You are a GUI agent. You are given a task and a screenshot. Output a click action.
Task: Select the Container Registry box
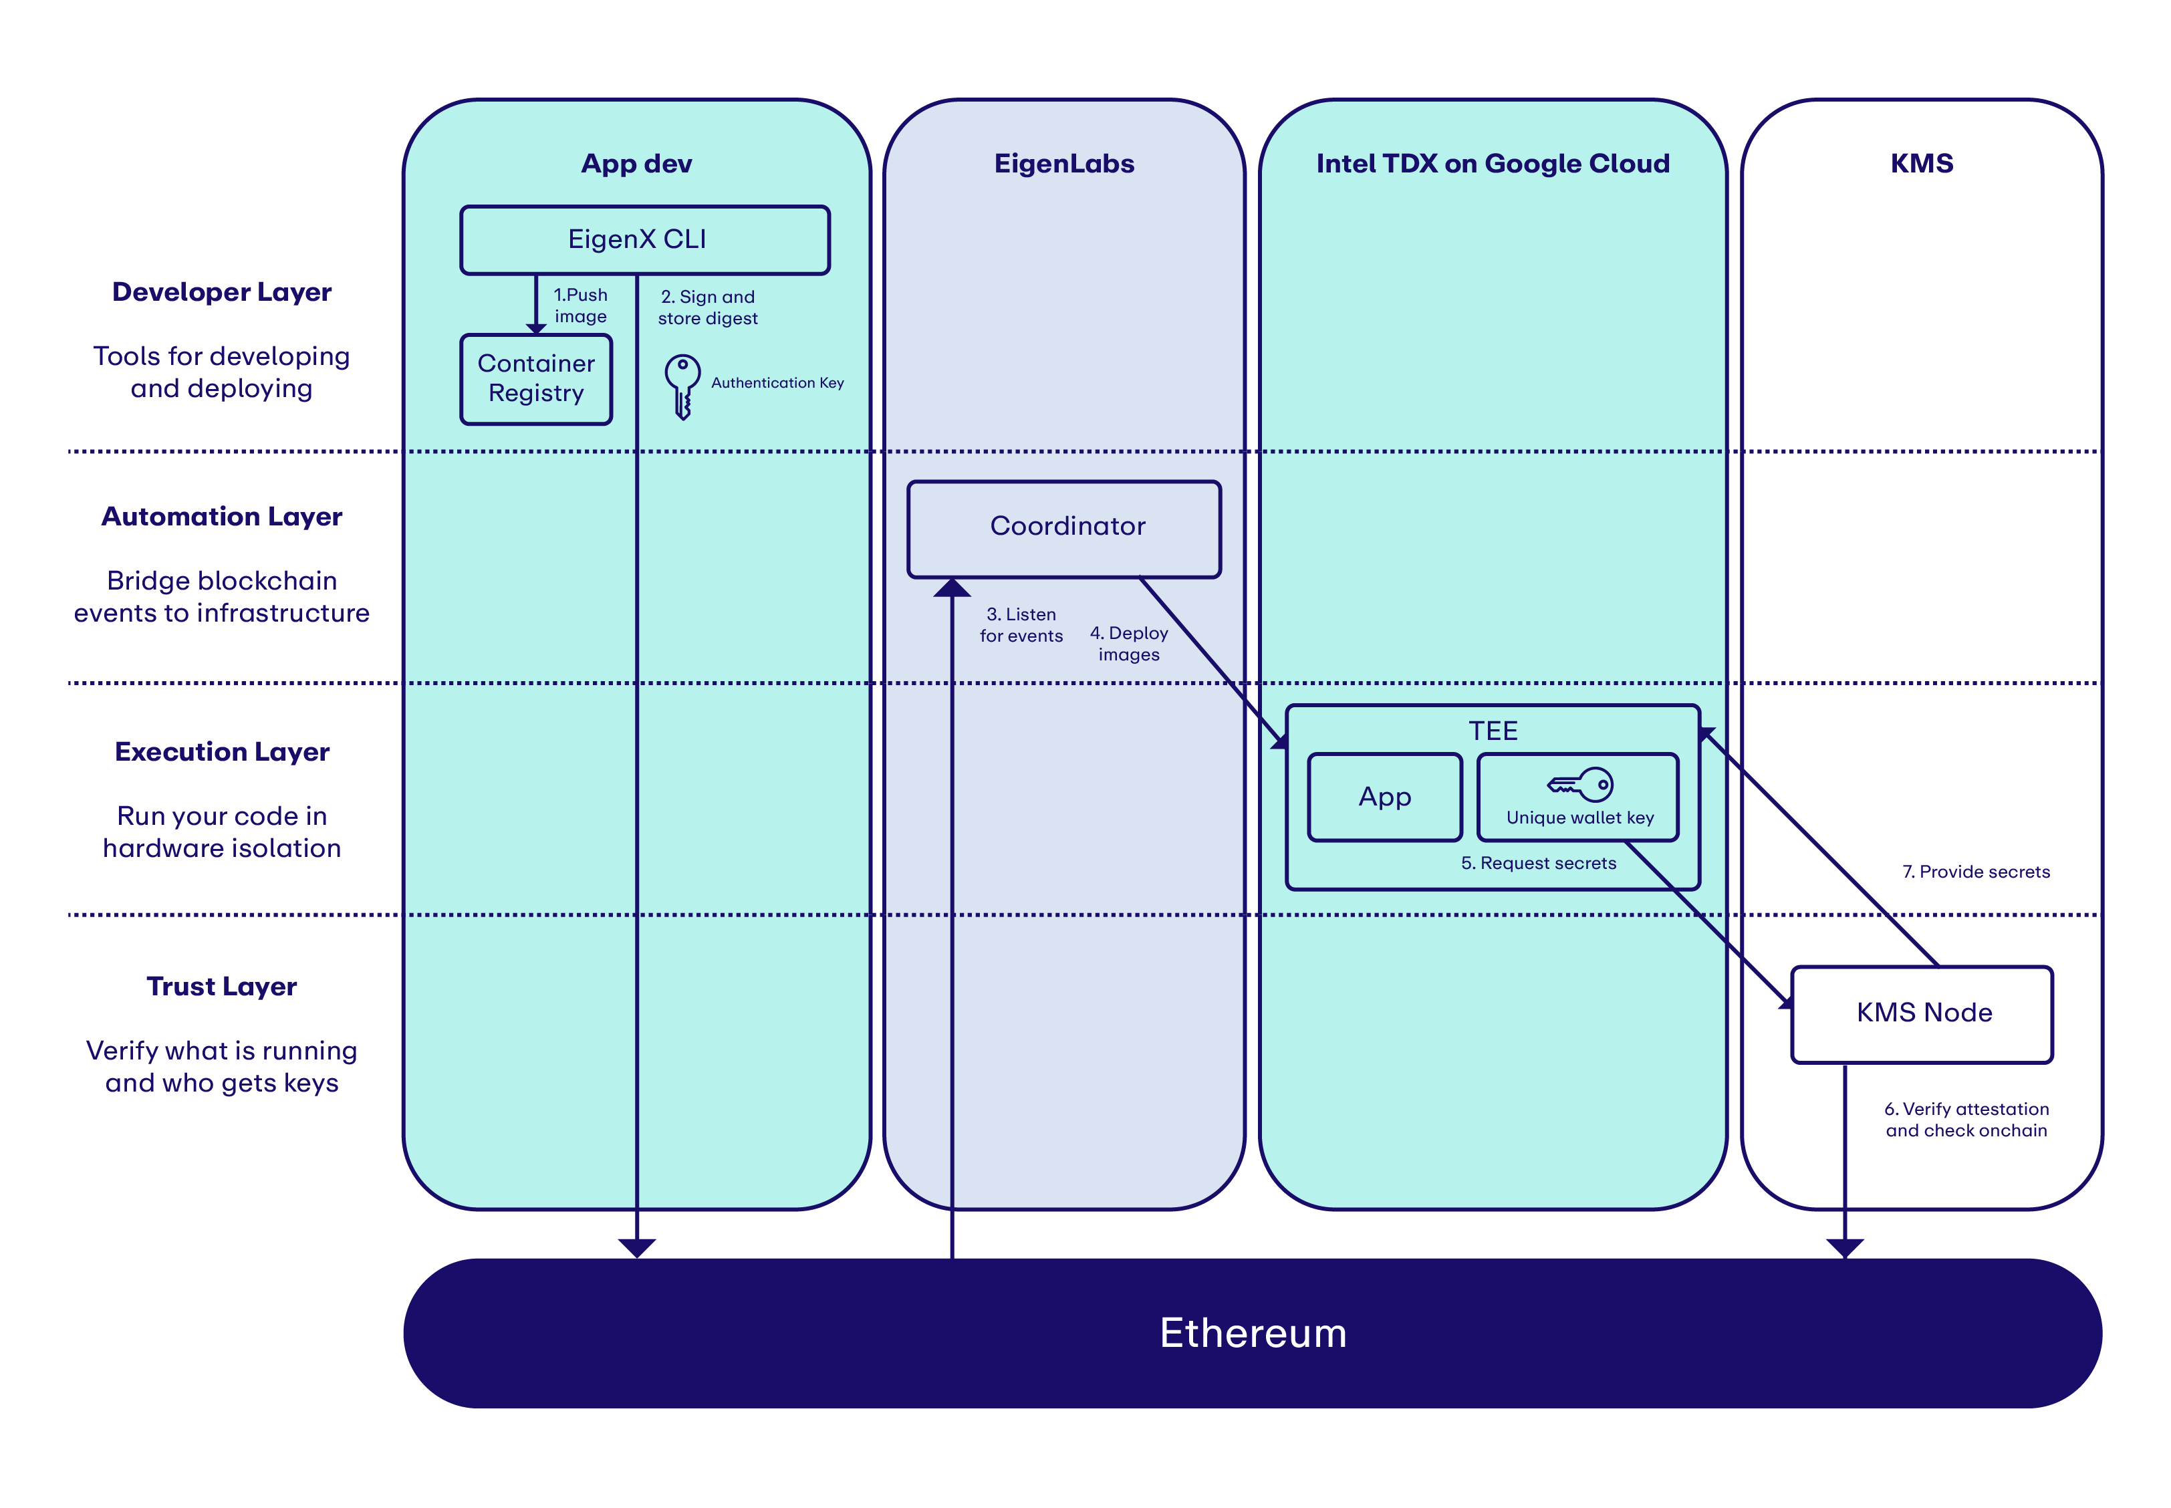[x=535, y=379]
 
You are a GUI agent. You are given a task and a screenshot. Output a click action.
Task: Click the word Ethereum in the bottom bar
[x=1252, y=1332]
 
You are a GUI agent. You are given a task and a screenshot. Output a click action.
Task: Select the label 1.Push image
[x=580, y=305]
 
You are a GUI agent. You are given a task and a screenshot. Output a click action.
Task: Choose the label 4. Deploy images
[x=1128, y=644]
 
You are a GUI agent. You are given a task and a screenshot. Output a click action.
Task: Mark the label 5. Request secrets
[x=1538, y=864]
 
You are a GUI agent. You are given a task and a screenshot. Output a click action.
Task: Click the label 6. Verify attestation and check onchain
[x=1966, y=1120]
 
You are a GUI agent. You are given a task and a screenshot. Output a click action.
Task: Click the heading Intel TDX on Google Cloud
[x=1492, y=164]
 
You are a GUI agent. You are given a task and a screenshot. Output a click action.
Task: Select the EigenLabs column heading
[x=1063, y=164]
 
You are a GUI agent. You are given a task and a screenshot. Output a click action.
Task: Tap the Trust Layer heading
[x=221, y=987]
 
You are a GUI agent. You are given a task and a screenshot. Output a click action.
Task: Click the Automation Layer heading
[x=221, y=517]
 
